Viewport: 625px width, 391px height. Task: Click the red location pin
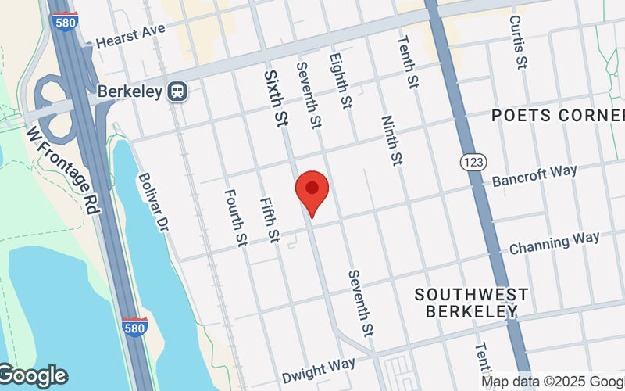pos(312,192)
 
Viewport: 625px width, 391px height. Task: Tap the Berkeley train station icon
pos(177,91)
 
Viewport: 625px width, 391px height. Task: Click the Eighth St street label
pos(340,80)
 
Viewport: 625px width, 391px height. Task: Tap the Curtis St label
pos(516,40)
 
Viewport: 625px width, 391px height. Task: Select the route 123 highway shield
pos(473,160)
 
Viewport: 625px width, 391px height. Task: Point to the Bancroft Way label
pos(534,176)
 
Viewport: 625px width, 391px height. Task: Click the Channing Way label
pos(555,242)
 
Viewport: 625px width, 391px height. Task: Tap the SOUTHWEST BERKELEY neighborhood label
pos(471,302)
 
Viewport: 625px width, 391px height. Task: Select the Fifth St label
pos(270,220)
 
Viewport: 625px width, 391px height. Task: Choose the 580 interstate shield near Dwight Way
pos(134,327)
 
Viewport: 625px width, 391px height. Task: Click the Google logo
pos(33,375)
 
